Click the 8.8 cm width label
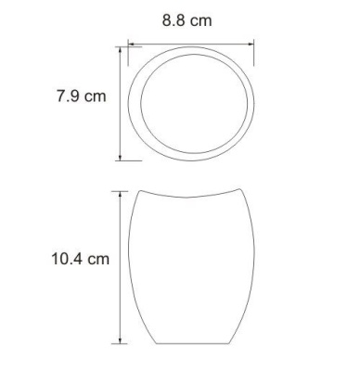(190, 20)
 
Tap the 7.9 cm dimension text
(83, 97)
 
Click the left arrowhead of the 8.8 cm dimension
(131, 43)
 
